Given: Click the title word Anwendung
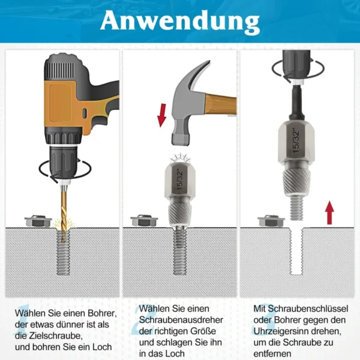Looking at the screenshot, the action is click(x=180, y=22).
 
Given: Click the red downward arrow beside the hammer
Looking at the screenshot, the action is click(x=161, y=115).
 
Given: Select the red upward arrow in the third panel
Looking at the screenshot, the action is click(x=329, y=212).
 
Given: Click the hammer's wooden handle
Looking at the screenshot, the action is click(x=221, y=105).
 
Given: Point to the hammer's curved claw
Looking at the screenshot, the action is click(x=197, y=73).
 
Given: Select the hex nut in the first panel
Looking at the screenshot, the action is click(x=38, y=221).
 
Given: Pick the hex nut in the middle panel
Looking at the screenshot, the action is click(x=144, y=221).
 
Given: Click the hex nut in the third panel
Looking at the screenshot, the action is click(x=271, y=221).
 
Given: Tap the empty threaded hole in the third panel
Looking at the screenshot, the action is click(x=296, y=251).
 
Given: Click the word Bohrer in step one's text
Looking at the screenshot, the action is click(x=101, y=313).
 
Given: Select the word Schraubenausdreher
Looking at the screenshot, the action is click(x=181, y=320).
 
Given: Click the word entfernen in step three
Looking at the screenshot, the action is click(x=272, y=353).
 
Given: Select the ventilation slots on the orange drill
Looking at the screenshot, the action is click(x=61, y=68).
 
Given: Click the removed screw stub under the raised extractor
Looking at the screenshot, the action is click(x=296, y=208).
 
